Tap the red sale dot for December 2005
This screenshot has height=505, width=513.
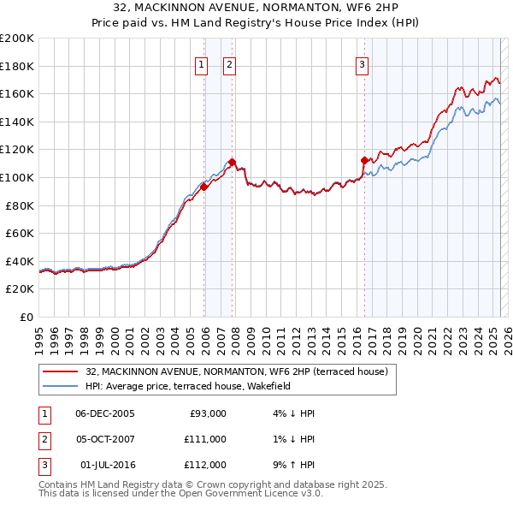pos(204,187)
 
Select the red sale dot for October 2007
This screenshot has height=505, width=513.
pos(232,162)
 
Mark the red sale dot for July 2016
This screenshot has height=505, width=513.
pos(364,160)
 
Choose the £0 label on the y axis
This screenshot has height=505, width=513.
pos(27,317)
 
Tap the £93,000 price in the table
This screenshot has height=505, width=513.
pos(206,413)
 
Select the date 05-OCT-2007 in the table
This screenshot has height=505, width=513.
pos(105,439)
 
